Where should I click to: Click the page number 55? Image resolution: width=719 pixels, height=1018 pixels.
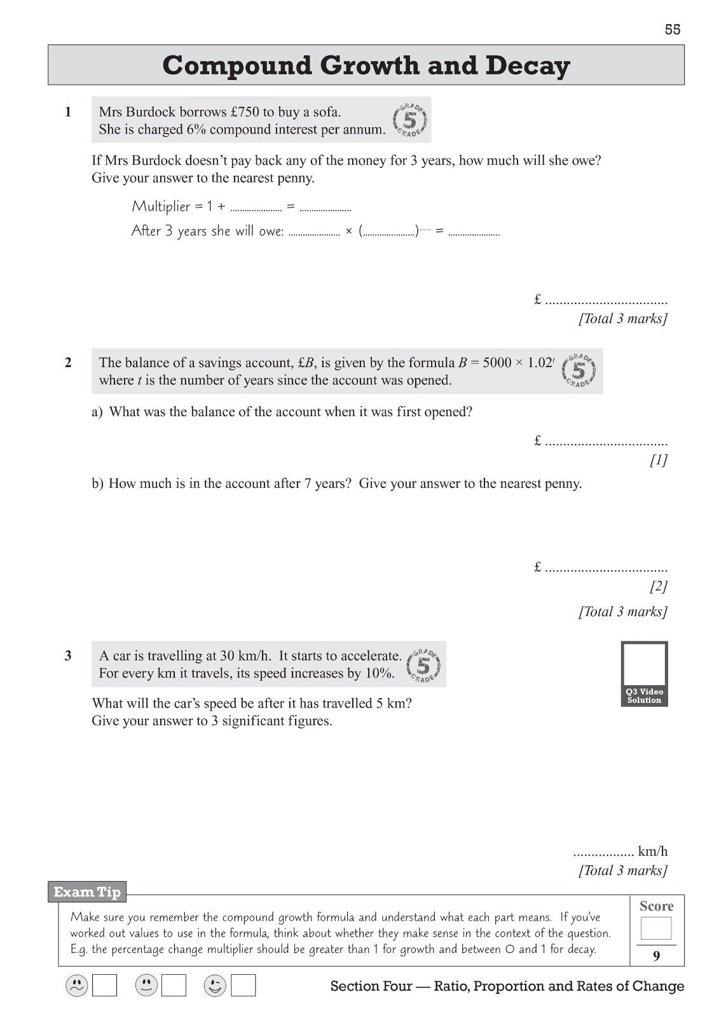click(x=673, y=29)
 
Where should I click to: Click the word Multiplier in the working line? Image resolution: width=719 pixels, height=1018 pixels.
click(x=161, y=206)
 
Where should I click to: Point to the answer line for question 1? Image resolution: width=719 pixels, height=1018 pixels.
click(x=606, y=300)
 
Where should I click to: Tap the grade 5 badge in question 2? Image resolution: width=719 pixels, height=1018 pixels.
click(x=579, y=370)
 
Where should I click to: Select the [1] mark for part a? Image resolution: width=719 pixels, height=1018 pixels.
click(x=659, y=460)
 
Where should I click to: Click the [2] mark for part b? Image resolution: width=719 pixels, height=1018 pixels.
click(x=659, y=586)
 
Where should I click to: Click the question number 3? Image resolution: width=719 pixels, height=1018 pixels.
click(x=68, y=656)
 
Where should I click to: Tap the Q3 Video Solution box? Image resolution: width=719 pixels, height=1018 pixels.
click(x=645, y=674)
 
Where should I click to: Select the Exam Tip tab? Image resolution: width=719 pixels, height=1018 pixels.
click(x=87, y=892)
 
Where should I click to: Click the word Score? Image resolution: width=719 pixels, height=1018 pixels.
click(x=656, y=906)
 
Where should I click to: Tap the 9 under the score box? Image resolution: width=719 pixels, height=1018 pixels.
click(x=656, y=955)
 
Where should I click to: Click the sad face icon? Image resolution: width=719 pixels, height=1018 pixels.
click(x=76, y=986)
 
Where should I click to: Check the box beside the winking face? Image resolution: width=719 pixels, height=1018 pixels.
click(x=243, y=986)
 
